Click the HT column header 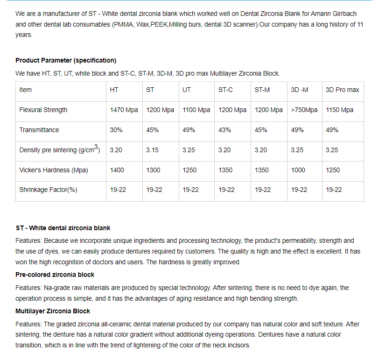point(114,90)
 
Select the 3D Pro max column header point(342,90)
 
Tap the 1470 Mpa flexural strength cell point(124,110)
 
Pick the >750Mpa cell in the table point(304,110)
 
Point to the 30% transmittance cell point(116,130)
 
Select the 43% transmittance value point(225,130)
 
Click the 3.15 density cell point(152,150)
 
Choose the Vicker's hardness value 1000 point(298,170)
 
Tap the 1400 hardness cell point(117,170)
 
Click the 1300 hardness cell point(153,170)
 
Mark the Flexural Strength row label point(43,110)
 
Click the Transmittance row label point(39,130)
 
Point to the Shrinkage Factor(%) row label point(48,190)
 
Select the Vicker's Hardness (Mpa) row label point(53,170)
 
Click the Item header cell point(25,90)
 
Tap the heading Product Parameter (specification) point(66,60)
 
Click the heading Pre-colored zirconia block point(55,275)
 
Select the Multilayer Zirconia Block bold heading point(53,311)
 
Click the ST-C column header point(225,90)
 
